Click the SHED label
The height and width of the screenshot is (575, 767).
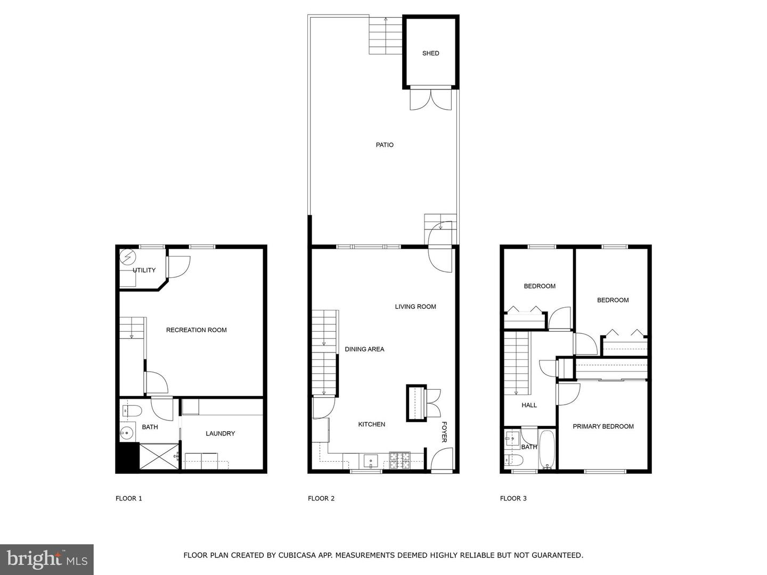[430, 53]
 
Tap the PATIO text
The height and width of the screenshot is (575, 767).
[385, 145]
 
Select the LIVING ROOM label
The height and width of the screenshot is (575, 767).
[415, 307]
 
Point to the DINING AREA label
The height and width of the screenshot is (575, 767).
[364, 349]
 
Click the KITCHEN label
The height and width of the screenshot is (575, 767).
[371, 424]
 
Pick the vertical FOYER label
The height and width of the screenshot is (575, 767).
[444, 432]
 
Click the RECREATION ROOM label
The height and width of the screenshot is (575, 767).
[196, 330]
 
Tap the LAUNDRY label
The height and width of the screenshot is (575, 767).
[220, 433]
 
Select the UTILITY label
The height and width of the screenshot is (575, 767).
[144, 270]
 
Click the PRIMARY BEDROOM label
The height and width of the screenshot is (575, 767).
[603, 426]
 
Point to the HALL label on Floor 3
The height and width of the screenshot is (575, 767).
[529, 405]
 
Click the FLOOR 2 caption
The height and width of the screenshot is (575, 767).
[321, 498]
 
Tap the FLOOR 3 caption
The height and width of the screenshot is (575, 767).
[513, 498]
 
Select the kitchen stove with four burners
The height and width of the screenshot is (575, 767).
[399, 460]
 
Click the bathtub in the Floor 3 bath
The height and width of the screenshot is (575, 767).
[547, 449]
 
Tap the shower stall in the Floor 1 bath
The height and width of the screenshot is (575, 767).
[159, 456]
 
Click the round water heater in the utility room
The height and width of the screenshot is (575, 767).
[128, 257]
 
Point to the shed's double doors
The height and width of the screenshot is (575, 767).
[430, 100]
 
